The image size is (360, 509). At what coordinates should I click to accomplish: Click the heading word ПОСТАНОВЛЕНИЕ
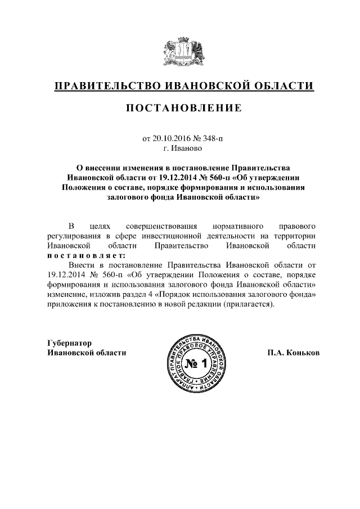point(183,107)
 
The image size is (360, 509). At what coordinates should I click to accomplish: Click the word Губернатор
point(69,343)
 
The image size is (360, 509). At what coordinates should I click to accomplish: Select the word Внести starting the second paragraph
point(79,264)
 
